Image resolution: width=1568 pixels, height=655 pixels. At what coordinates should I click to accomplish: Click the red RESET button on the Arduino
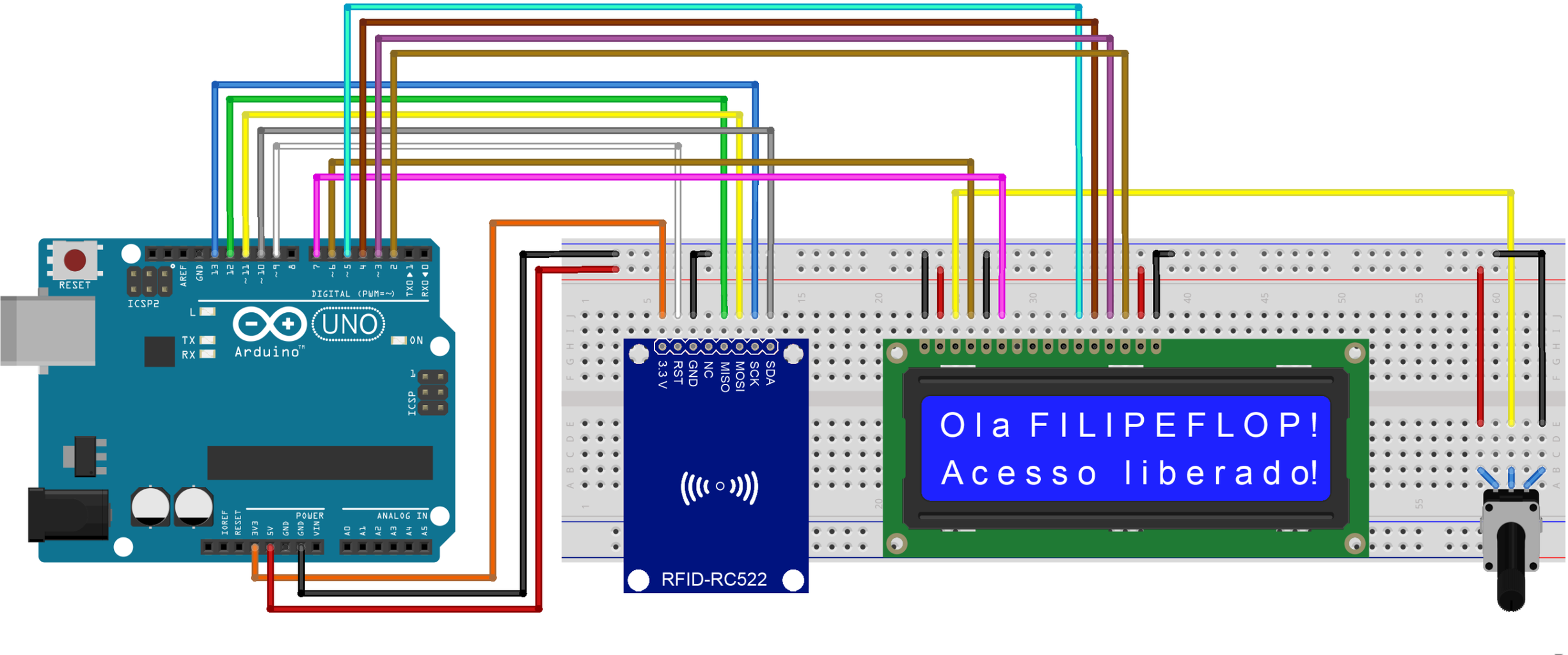pyautogui.click(x=75, y=260)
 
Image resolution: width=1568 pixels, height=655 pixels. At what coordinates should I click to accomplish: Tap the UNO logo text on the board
pyautogui.click(x=349, y=325)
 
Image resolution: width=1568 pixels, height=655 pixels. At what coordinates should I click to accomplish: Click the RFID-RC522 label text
pyautogui.click(x=713, y=580)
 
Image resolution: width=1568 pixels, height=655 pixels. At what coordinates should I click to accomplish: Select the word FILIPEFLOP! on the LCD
pyautogui.click(x=1174, y=425)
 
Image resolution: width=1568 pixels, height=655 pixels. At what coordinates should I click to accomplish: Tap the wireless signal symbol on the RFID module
pyautogui.click(x=719, y=487)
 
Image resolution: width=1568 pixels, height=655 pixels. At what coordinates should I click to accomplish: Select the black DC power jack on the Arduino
pyautogui.click(x=67, y=514)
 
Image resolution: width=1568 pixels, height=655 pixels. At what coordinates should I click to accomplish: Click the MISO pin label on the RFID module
pyautogui.click(x=725, y=377)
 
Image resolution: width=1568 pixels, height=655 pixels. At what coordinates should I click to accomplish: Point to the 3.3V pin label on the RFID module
pyautogui.click(x=663, y=375)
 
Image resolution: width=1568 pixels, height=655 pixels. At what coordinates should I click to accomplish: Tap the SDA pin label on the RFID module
pyautogui.click(x=770, y=373)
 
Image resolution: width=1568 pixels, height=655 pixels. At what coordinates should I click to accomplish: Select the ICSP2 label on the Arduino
pyautogui.click(x=143, y=304)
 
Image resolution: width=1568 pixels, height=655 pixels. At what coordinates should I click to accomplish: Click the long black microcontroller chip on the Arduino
pyautogui.click(x=320, y=462)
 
